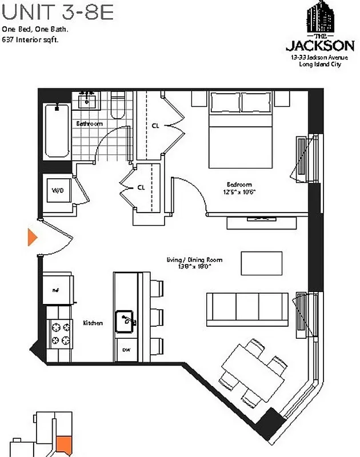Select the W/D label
pyautogui.click(x=58, y=190)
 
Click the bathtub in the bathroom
pyautogui.click(x=57, y=130)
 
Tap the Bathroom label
pyautogui.click(x=89, y=124)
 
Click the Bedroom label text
pyautogui.click(x=239, y=185)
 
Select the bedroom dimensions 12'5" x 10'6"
pyautogui.click(x=240, y=192)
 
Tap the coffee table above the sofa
pyautogui.click(x=261, y=263)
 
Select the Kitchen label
pyautogui.click(x=93, y=323)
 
